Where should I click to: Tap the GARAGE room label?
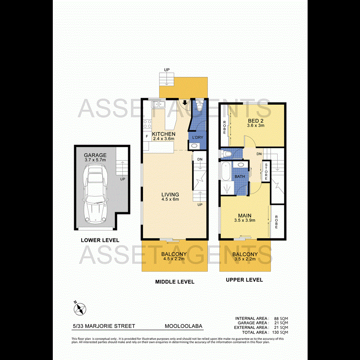coord(95,155)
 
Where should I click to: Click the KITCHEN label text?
coord(163,134)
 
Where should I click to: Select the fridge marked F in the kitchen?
coord(147,137)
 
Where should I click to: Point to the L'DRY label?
coord(198,137)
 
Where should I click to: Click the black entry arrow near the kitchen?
coord(185,103)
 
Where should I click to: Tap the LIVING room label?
coord(170,195)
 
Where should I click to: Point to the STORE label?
coord(265,171)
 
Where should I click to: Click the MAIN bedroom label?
coord(245,214)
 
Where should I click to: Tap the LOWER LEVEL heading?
coord(100,240)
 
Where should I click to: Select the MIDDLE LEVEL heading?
coord(174,282)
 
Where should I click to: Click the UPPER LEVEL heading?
coord(244,280)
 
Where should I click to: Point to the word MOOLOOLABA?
coord(184,326)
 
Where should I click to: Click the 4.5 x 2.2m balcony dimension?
coord(174,259)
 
